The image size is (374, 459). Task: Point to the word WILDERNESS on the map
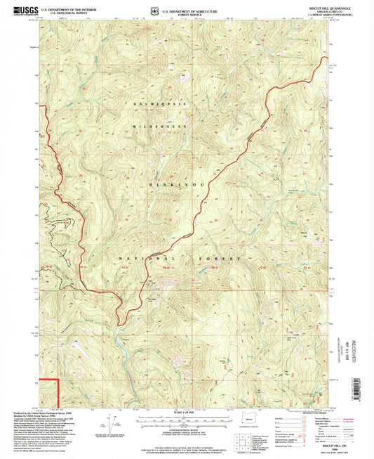click(163, 126)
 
